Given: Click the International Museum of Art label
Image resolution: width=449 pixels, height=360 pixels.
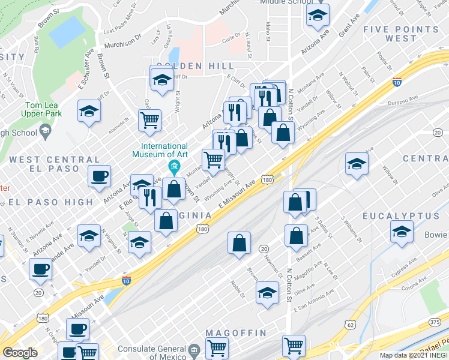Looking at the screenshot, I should click(x=163, y=149).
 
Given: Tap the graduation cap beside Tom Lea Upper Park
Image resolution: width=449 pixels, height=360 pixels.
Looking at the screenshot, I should click(x=89, y=111).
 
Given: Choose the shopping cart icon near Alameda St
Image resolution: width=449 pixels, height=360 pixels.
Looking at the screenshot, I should click(x=149, y=119).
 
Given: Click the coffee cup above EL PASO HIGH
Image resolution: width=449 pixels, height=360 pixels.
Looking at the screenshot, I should click(x=99, y=176).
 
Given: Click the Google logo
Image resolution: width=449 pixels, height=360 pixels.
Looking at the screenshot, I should click(x=20, y=353).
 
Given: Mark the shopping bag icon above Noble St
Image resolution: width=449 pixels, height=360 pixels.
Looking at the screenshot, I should click(x=239, y=243).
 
